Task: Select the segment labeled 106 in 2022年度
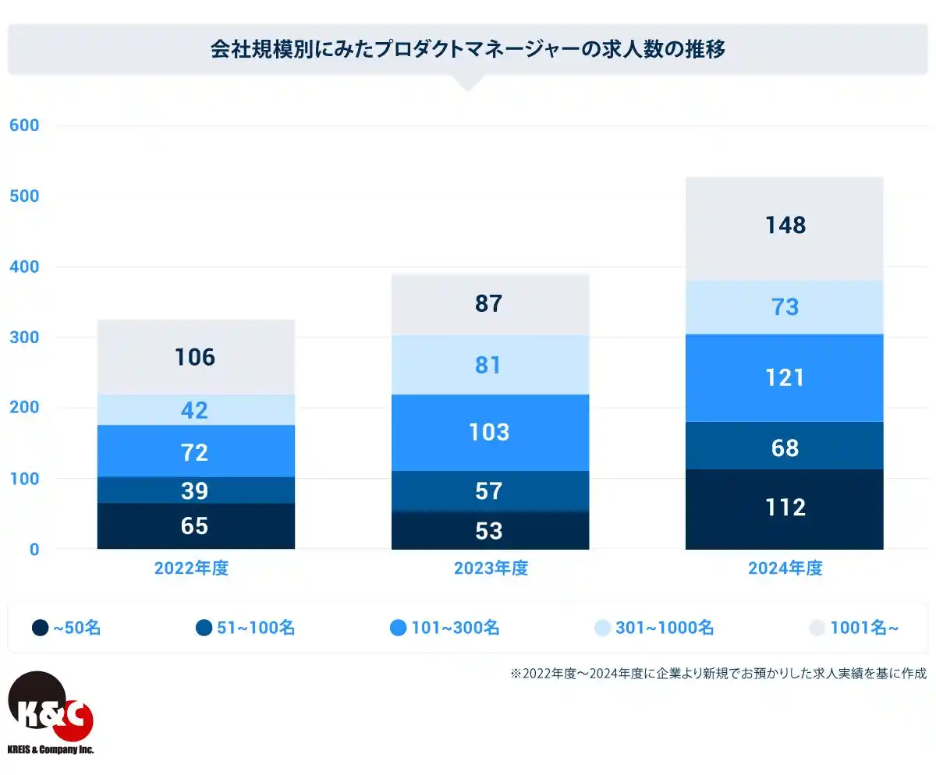[195, 357]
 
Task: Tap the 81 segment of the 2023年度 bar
[489, 365]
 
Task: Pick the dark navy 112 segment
[784, 508]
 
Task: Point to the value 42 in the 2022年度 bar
[195, 410]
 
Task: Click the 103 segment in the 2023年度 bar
[489, 432]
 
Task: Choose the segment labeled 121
[784, 378]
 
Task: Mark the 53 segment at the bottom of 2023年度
[489, 531]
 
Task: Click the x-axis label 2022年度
[191, 568]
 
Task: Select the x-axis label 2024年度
[785, 568]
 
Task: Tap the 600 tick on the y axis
[23, 126]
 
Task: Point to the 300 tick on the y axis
[23, 338]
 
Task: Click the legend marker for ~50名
[41, 628]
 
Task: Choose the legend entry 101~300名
[445, 628]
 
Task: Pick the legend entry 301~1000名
[654, 628]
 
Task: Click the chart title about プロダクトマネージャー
[468, 50]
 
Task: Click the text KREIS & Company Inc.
[50, 749]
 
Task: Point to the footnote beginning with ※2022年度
[718, 674]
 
